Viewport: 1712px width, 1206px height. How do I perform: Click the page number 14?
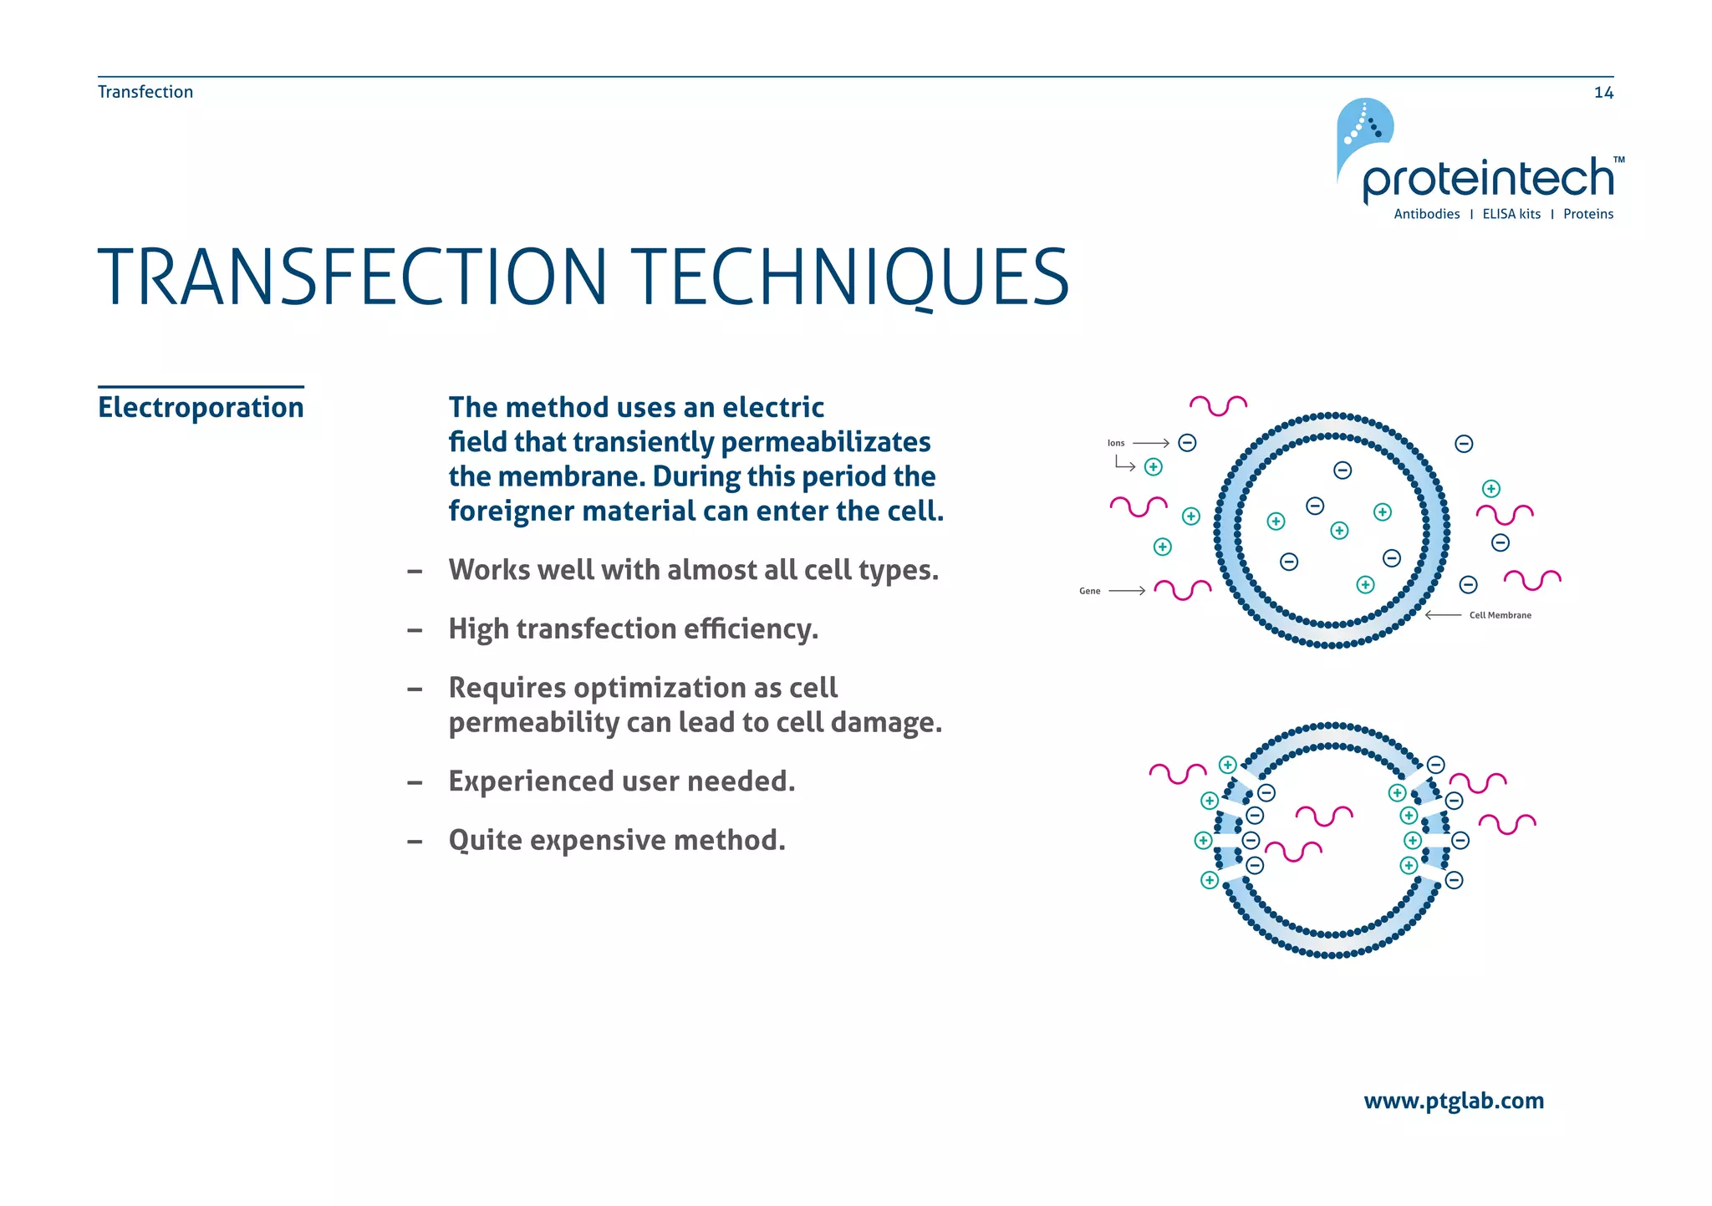point(1603,93)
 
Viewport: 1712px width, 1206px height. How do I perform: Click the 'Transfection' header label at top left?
point(145,92)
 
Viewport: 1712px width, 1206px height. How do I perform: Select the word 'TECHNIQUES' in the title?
point(849,277)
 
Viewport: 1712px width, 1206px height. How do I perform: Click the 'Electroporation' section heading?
point(201,408)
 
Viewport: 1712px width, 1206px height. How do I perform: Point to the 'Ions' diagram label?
point(1116,443)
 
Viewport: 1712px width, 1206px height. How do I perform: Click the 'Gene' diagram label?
point(1089,591)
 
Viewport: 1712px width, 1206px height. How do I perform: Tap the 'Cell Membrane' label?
point(1500,615)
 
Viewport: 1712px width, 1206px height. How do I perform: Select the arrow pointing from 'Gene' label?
point(1127,591)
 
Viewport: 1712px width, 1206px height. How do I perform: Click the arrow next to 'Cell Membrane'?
point(1443,615)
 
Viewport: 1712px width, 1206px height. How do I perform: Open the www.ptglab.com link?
point(1453,1101)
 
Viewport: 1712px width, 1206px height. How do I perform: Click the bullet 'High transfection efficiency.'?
point(633,628)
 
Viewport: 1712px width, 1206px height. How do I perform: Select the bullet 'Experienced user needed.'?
point(621,781)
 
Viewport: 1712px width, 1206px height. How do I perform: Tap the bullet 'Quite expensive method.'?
point(617,840)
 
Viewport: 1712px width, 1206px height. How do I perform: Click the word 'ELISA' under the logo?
point(1500,214)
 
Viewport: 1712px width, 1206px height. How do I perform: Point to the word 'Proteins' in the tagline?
point(1588,214)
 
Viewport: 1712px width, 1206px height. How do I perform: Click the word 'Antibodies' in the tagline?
point(1426,214)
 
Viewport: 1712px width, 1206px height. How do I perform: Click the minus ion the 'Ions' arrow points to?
point(1187,443)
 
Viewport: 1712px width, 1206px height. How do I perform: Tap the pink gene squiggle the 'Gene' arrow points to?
point(1182,589)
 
